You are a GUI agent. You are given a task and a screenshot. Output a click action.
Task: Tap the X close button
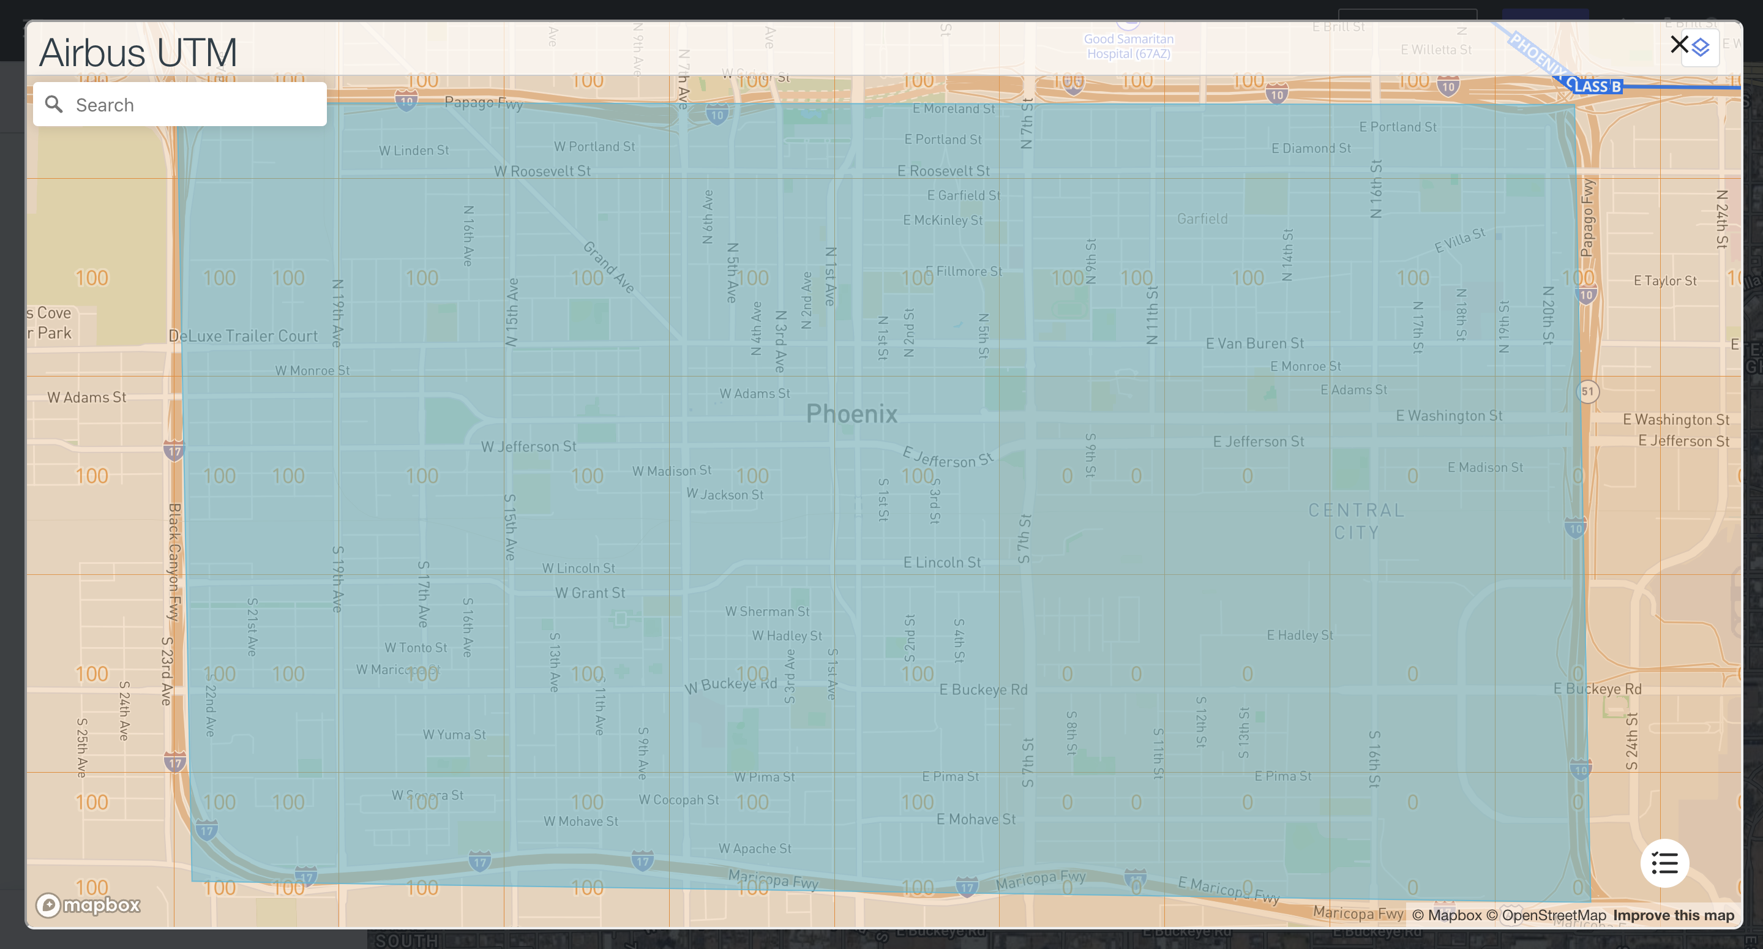[x=1679, y=45]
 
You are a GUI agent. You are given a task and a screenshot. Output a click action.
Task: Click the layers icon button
[x=1701, y=47]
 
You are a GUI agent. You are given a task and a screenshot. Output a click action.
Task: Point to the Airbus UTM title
[x=138, y=53]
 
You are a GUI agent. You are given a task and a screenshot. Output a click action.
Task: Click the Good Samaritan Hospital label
[x=1129, y=46]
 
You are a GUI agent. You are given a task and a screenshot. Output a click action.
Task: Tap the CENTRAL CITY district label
[x=1357, y=521]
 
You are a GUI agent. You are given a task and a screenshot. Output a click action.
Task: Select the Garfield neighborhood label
[x=1202, y=219]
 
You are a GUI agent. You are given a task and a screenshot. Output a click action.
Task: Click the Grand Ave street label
[x=609, y=267]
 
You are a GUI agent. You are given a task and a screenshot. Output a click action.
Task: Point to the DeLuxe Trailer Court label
[x=243, y=336]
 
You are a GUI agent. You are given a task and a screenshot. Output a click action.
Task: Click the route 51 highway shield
[x=1588, y=392]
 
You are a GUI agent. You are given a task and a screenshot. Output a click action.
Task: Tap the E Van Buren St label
[x=1254, y=343]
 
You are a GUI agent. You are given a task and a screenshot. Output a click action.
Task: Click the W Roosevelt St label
[x=542, y=171]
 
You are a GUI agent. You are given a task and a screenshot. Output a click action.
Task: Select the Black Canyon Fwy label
[x=174, y=561]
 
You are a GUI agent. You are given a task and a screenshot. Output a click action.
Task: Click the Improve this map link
[x=1674, y=915]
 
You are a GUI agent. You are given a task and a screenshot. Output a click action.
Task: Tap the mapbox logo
[x=88, y=905]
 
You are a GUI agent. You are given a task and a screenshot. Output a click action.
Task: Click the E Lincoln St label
[x=941, y=563]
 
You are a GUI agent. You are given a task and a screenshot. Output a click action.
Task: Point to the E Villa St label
[x=1460, y=241]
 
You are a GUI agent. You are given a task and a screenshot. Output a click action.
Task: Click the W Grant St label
[x=590, y=593]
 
